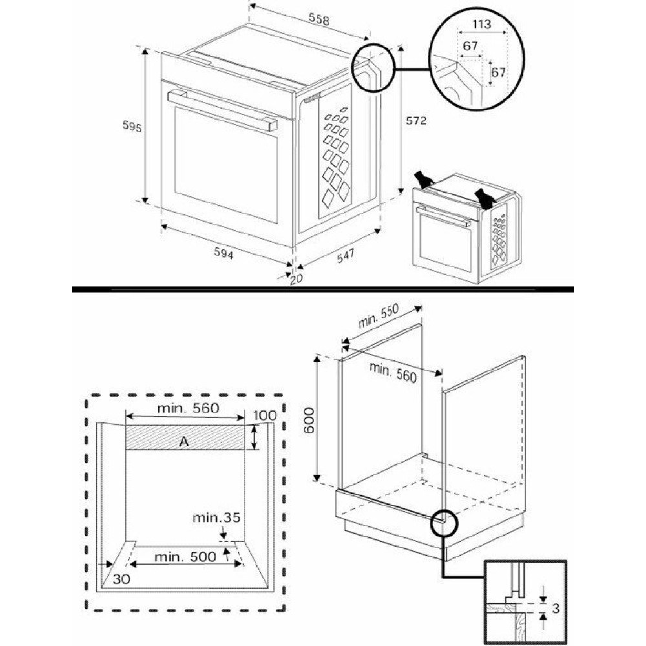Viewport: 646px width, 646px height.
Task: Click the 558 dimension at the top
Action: click(318, 20)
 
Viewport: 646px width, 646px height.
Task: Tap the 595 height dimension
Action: click(132, 127)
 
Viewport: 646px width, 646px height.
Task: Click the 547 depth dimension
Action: click(345, 256)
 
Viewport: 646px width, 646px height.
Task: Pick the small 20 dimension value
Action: click(297, 279)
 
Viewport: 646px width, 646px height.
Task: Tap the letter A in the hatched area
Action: click(184, 441)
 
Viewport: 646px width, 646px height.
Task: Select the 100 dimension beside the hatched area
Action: click(265, 415)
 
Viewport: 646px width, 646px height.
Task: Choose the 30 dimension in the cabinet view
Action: click(121, 579)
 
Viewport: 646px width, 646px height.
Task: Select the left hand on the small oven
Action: click(424, 178)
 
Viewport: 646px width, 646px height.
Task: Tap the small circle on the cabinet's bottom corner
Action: click(443, 520)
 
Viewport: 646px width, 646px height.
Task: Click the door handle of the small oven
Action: click(443, 216)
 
